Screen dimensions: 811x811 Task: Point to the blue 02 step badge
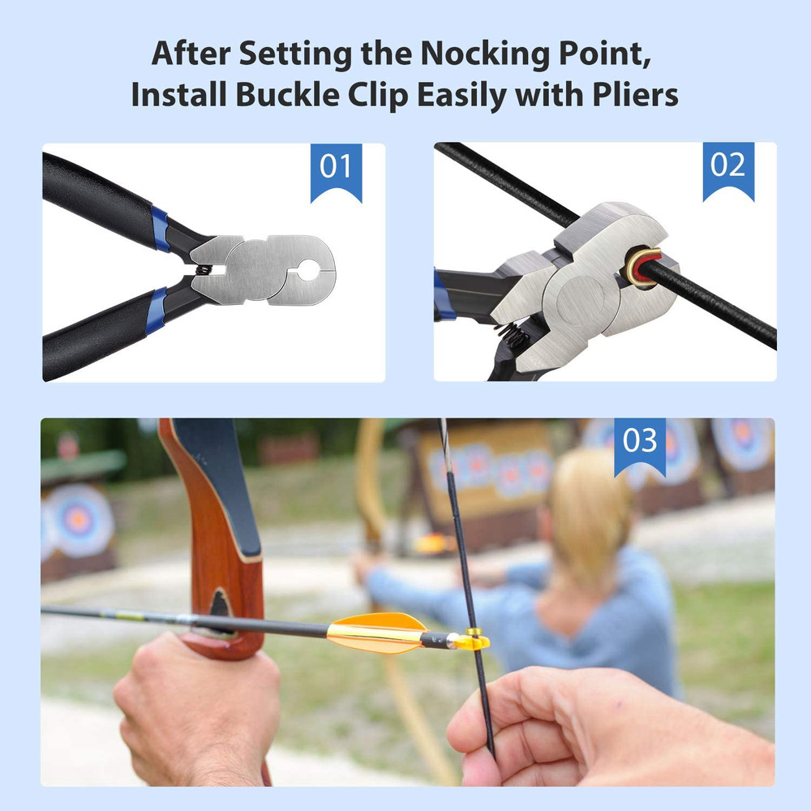[727, 165]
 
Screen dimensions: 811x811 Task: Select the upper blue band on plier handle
[160, 230]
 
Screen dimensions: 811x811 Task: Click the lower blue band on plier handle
[157, 308]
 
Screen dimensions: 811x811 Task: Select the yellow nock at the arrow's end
[472, 642]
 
